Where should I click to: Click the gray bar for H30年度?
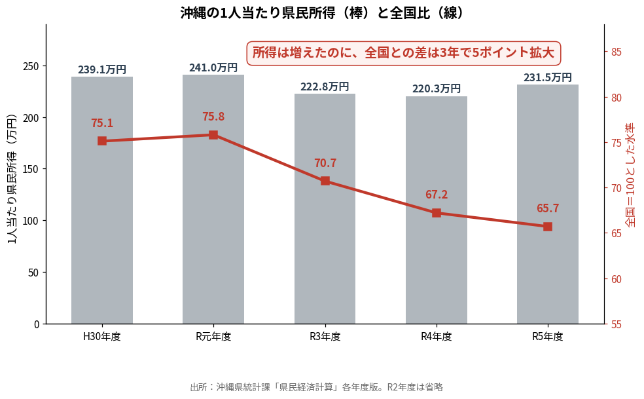click(x=102, y=200)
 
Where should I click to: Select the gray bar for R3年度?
click(x=325, y=209)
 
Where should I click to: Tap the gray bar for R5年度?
click(x=548, y=204)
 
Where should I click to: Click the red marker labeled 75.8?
click(x=213, y=135)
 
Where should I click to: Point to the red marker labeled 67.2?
click(x=436, y=213)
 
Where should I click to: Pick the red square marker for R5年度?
click(x=548, y=227)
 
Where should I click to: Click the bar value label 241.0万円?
click(x=213, y=67)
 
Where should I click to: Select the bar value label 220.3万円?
click(x=436, y=88)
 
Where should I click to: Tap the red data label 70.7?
click(x=325, y=163)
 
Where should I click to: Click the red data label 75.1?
click(x=102, y=123)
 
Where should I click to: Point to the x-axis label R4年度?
click(x=436, y=337)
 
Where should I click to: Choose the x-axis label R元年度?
click(x=213, y=337)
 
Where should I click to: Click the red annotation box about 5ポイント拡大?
click(x=403, y=53)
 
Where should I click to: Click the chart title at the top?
click(x=322, y=12)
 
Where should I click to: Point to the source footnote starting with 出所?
click(x=317, y=387)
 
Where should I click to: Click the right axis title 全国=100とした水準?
click(x=630, y=175)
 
